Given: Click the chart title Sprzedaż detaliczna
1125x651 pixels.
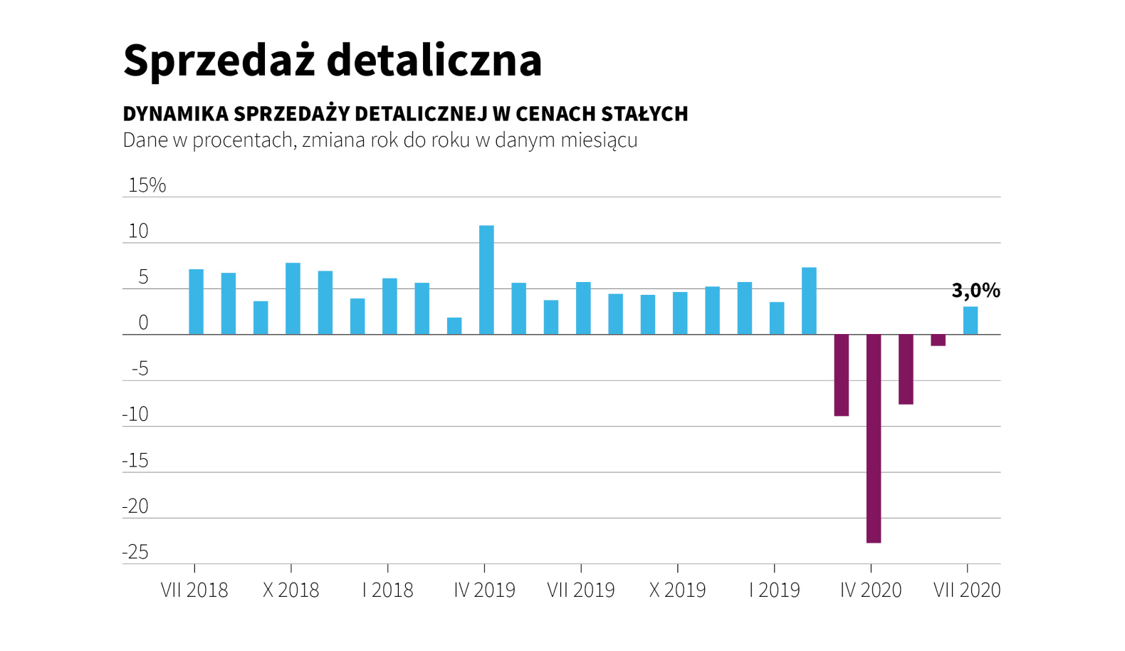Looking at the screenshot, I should coord(332,60).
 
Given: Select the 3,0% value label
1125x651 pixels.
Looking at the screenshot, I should coord(975,291).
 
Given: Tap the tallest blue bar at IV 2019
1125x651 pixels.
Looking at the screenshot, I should coord(486,280).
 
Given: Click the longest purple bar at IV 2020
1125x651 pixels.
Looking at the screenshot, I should coord(874,438).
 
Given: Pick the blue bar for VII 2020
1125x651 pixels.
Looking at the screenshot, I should coord(970,321).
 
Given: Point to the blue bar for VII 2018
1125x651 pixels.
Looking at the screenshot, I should coord(196,302).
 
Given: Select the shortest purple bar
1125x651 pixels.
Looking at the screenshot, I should coord(938,340).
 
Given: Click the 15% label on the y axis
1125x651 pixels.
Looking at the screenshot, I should coord(147,185).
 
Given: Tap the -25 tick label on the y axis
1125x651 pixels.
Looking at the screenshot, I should coord(135,553).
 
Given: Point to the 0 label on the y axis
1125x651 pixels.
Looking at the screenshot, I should coord(143,323).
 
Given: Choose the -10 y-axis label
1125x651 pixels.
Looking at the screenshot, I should coord(135,415).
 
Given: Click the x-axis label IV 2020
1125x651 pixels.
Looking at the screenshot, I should coord(870,590).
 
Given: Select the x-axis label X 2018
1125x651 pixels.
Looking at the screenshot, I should coord(291,590).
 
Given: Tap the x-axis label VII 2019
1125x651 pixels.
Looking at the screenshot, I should coord(580,590).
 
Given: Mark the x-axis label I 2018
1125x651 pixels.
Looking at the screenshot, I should coord(387,590).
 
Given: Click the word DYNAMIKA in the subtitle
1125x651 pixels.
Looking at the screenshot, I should coord(175,114).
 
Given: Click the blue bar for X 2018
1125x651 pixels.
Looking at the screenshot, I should coord(293,298).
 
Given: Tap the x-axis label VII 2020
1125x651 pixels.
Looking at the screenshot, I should coord(966,590).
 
